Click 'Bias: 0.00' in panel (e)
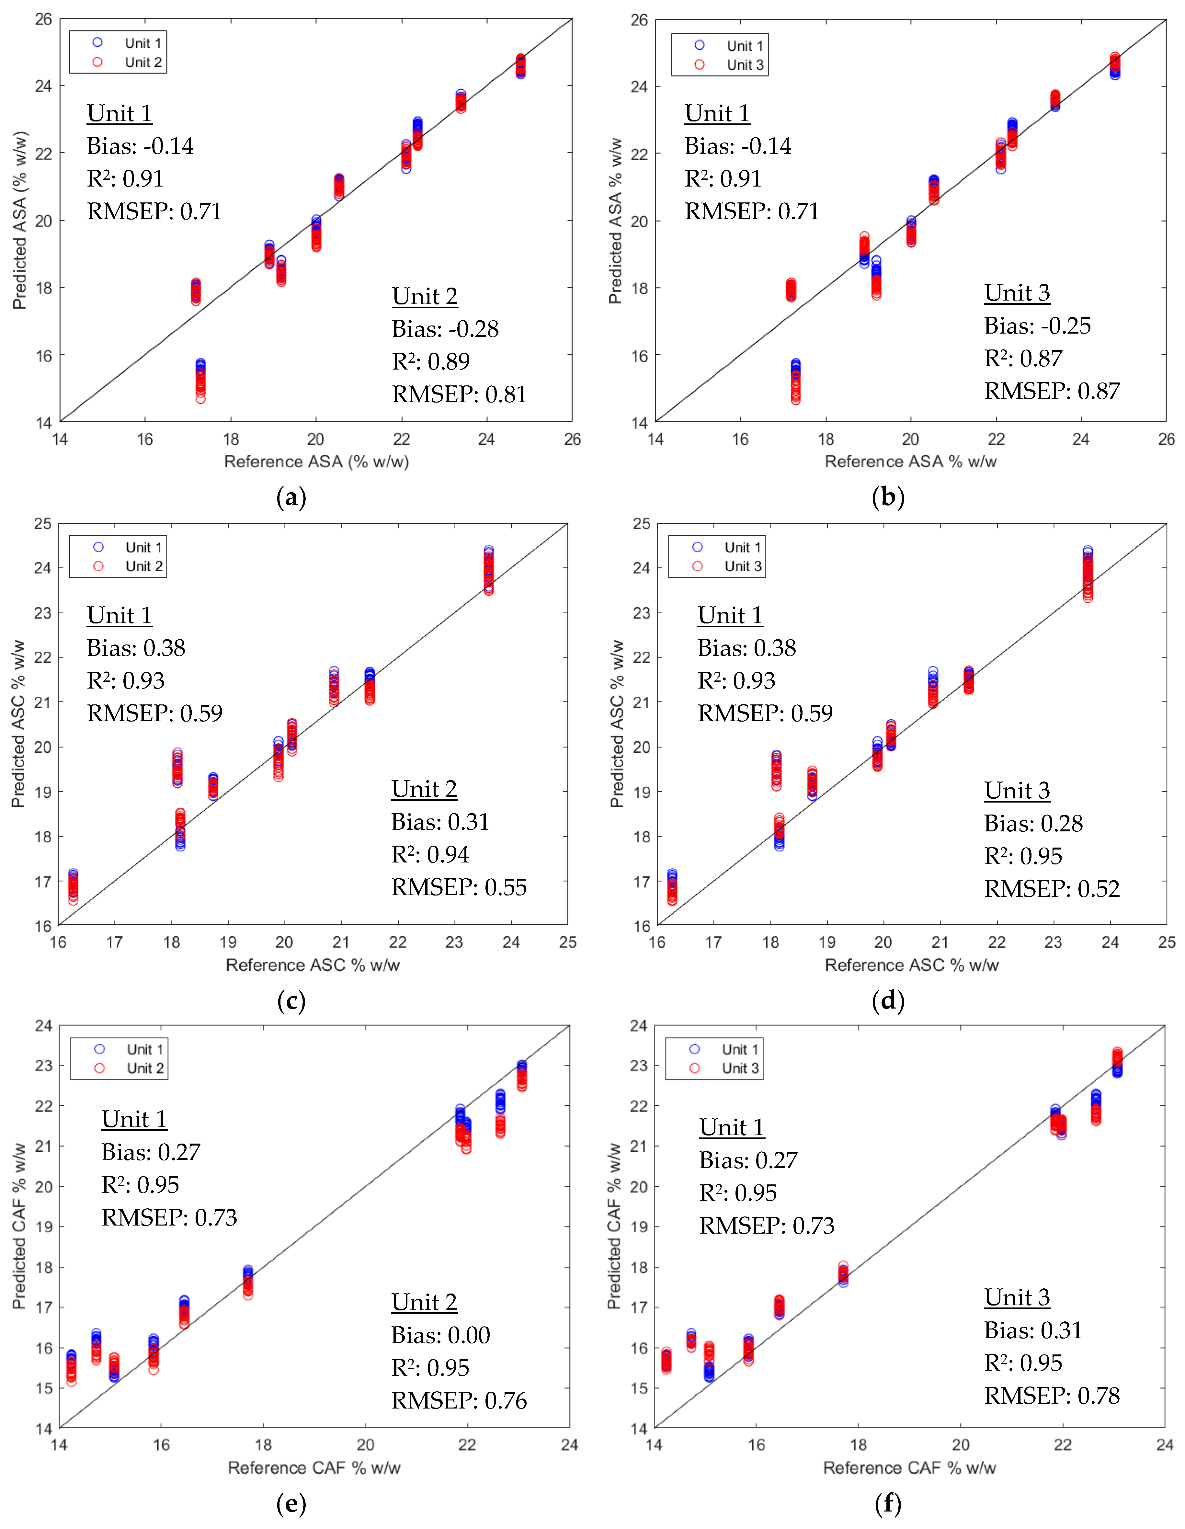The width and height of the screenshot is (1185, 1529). [440, 1335]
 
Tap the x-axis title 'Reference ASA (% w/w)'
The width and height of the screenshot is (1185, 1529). [316, 462]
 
